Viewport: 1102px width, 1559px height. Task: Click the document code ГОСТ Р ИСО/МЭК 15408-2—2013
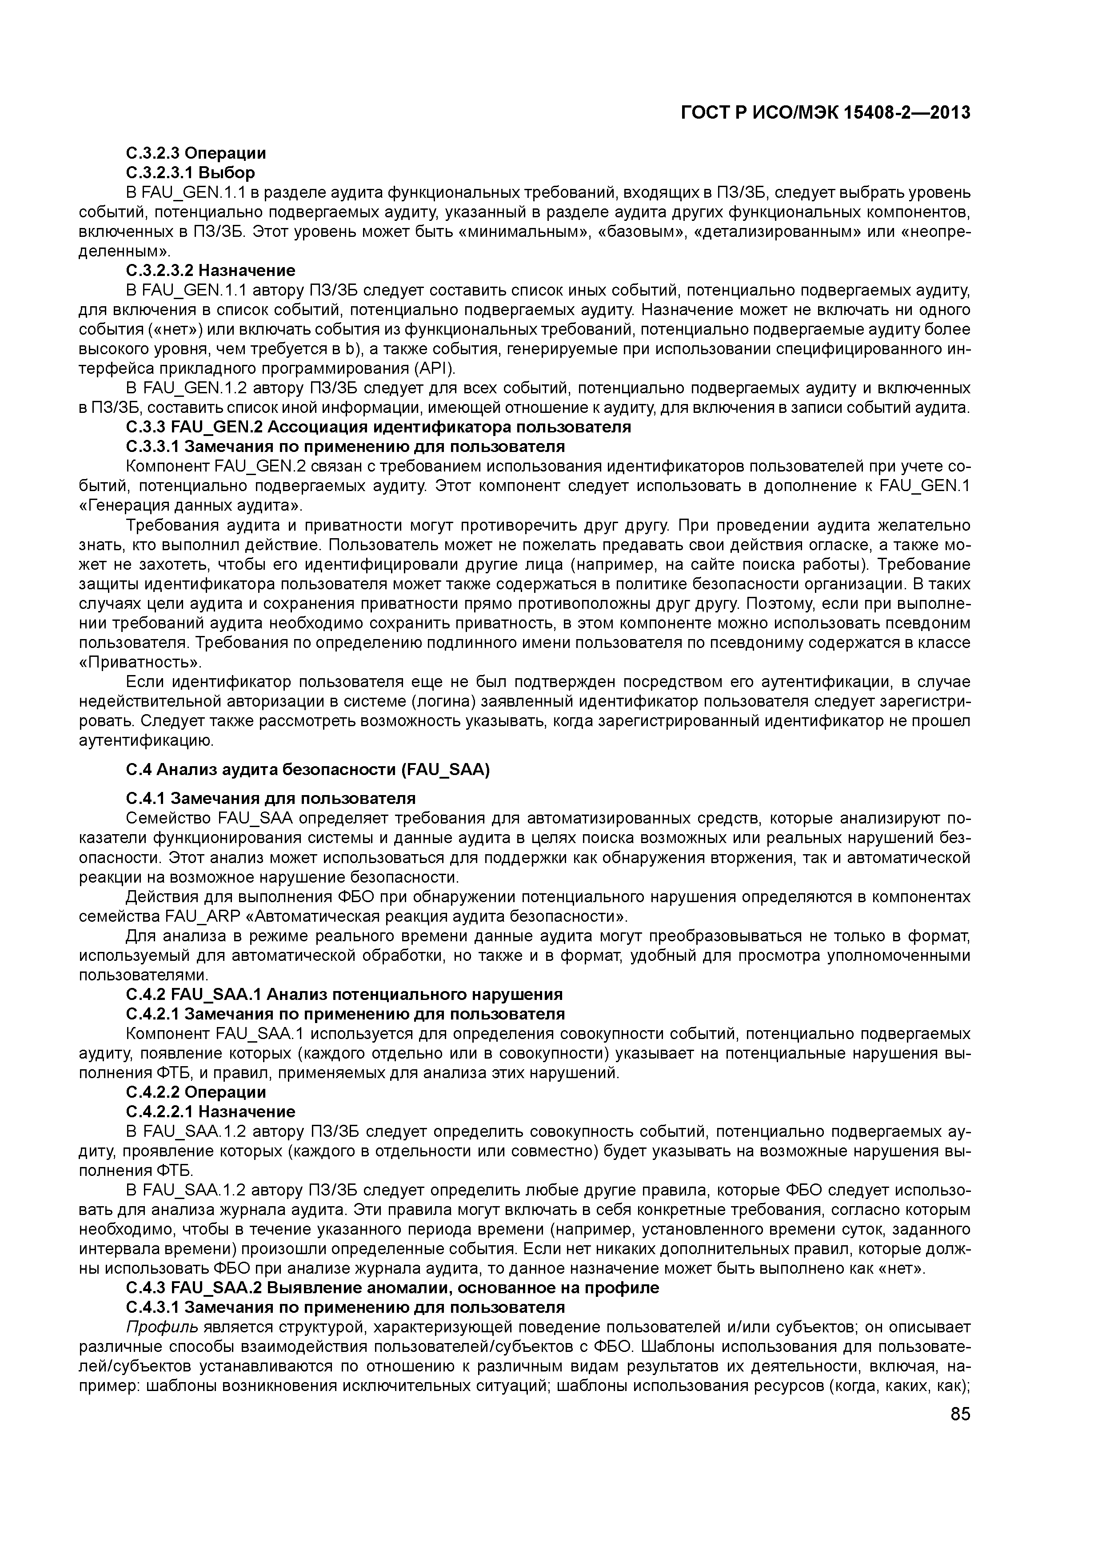click(x=825, y=113)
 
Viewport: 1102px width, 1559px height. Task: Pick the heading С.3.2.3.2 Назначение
click(x=211, y=270)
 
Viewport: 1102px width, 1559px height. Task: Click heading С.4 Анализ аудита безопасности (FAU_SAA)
click(x=307, y=769)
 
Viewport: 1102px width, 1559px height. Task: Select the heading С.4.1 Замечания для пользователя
click(x=271, y=798)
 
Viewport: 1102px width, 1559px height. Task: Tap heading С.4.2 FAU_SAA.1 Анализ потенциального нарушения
click(x=344, y=995)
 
